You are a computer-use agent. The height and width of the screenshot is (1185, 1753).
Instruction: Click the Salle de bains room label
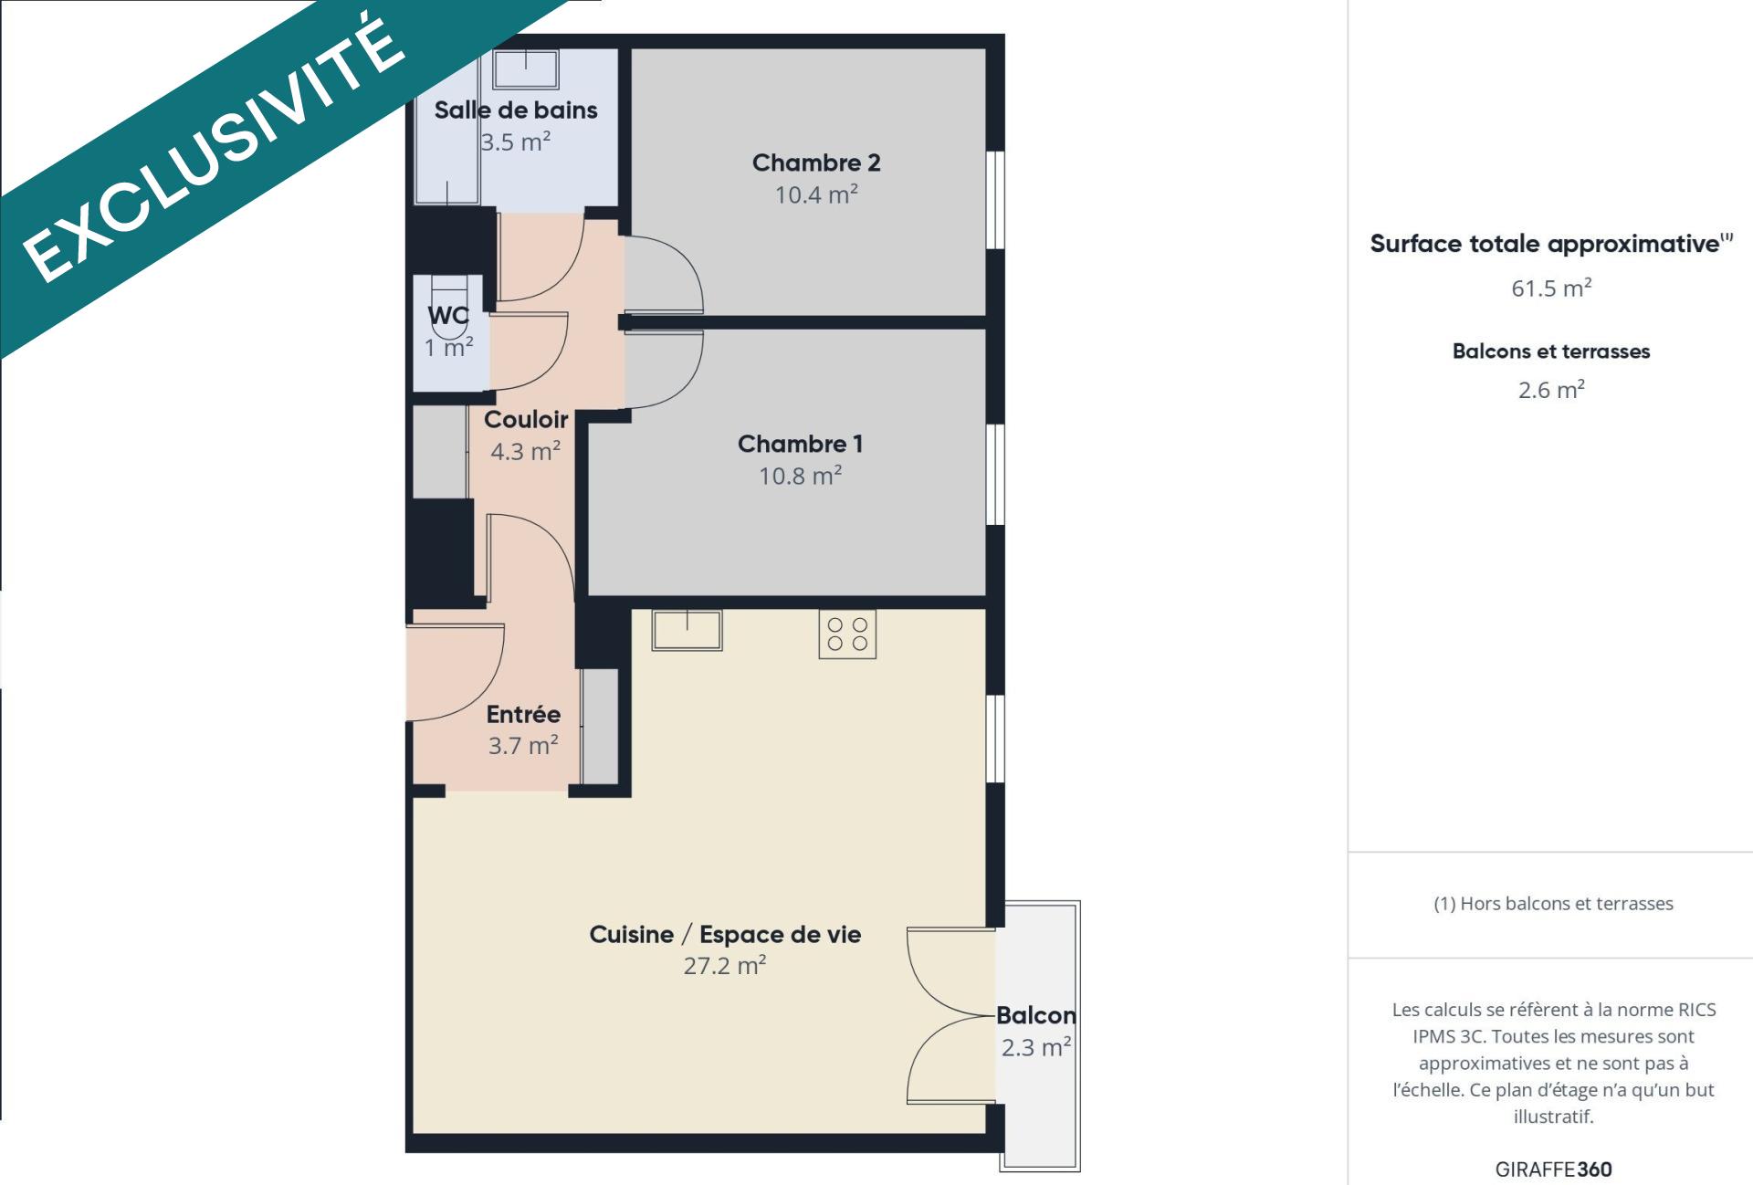(516, 110)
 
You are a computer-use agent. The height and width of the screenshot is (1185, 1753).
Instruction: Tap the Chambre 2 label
(816, 163)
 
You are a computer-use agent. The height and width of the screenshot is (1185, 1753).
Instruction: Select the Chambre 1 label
(800, 444)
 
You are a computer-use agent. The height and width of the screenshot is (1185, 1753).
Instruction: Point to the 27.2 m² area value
(725, 965)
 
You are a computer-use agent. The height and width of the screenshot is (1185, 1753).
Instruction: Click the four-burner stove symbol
(847, 634)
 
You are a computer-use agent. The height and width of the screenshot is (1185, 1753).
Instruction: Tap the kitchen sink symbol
(687, 630)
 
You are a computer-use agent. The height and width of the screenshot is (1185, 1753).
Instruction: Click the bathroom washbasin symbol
(527, 69)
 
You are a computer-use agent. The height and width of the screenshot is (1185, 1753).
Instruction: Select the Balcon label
(1036, 1015)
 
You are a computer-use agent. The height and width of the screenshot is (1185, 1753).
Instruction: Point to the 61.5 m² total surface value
(1551, 288)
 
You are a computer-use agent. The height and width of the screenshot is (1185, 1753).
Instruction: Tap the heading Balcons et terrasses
(1551, 351)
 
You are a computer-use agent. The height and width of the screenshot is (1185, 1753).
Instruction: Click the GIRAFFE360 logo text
(1553, 1169)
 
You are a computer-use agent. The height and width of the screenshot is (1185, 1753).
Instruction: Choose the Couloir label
(526, 419)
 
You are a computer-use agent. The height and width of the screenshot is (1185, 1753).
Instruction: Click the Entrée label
(523, 714)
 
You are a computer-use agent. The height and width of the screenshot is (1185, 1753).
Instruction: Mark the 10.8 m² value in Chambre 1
(801, 476)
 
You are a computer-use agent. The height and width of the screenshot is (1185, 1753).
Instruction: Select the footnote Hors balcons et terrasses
(1553, 904)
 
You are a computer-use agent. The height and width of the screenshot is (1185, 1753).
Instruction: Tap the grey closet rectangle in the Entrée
(600, 726)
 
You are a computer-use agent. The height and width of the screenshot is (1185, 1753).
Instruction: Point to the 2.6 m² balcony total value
(1551, 390)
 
